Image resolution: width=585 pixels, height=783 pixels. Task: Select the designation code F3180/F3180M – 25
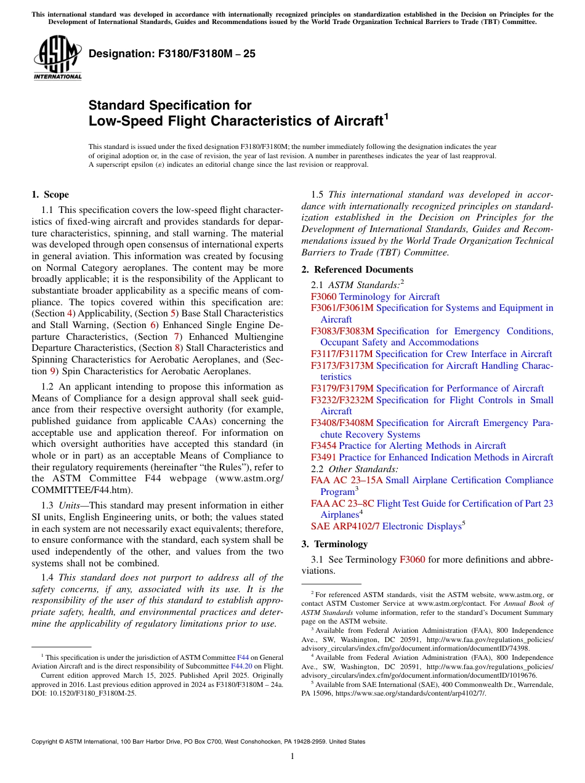[x=172, y=54]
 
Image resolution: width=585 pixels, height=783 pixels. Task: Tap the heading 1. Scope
[x=50, y=195]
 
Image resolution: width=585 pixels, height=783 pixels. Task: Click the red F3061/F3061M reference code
[x=342, y=308]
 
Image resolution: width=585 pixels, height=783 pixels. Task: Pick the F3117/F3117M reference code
[x=342, y=354]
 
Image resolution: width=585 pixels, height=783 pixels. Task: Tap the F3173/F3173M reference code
[x=342, y=366]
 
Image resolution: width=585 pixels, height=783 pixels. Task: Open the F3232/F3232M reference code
[x=342, y=400]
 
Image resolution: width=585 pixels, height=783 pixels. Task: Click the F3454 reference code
[x=323, y=446]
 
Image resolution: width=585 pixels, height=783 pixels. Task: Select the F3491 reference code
[x=323, y=457]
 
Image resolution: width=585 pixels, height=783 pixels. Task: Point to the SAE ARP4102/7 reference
[x=345, y=526]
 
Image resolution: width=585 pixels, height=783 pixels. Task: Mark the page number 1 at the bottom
[x=292, y=757]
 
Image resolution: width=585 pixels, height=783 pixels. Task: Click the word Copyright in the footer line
[x=47, y=742]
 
